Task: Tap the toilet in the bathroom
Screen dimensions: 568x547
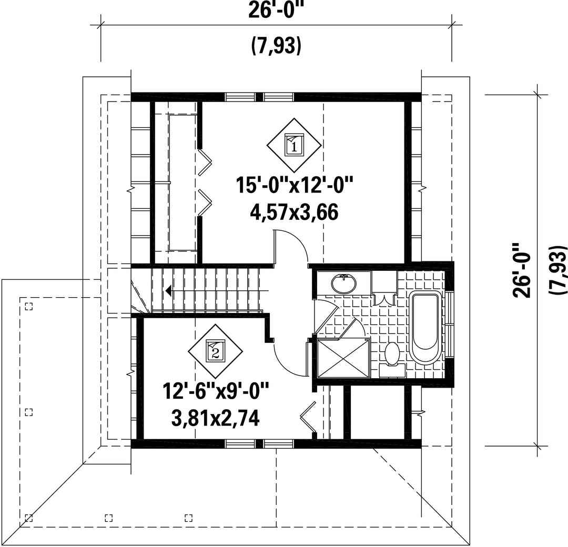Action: [392, 356]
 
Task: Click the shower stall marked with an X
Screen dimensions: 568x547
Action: [343, 358]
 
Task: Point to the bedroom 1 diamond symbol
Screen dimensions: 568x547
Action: [294, 145]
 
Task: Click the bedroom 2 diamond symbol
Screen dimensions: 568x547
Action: [215, 351]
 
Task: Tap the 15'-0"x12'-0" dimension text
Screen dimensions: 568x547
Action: [294, 185]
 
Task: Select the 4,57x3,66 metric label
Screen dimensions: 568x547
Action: [294, 212]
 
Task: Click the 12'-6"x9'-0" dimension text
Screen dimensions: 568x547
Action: [216, 391]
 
